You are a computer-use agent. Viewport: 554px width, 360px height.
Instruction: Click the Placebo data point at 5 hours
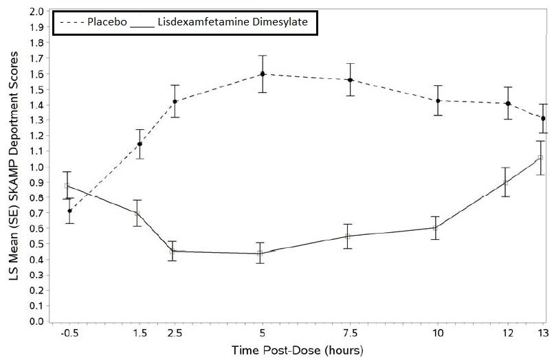[x=263, y=74]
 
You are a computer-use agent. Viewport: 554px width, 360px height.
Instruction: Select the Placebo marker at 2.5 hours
[x=175, y=102]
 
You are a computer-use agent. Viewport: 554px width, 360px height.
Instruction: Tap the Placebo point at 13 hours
[x=543, y=118]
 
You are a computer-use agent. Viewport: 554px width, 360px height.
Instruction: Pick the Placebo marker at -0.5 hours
[x=69, y=211]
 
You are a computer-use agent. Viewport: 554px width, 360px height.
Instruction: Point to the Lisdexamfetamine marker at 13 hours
[x=540, y=158]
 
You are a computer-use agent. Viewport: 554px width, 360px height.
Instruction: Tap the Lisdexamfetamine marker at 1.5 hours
[x=137, y=214]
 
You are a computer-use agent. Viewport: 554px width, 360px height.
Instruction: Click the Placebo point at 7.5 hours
[x=350, y=80]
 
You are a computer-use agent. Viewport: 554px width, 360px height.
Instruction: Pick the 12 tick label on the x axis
[x=507, y=335]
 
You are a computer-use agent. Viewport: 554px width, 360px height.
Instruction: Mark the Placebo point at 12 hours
[x=508, y=104]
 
